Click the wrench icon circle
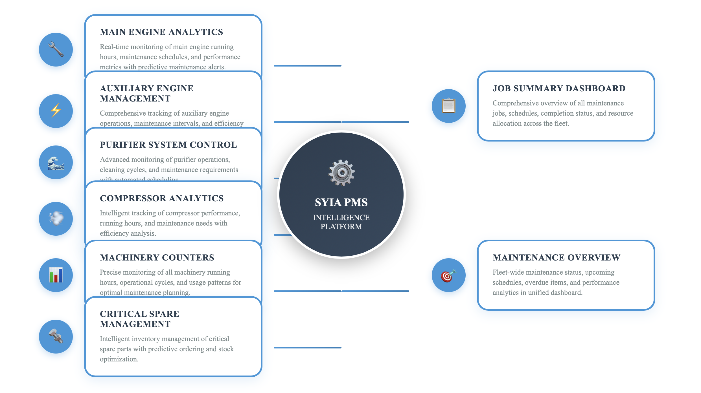coord(56,50)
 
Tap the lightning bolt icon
coord(56,111)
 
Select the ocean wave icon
coord(56,163)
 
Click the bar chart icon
coord(56,275)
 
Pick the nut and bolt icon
coord(56,336)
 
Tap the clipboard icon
coord(448,106)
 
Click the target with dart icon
coord(448,275)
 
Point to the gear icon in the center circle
coord(341,173)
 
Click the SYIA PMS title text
coord(341,202)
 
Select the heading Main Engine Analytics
coord(161,32)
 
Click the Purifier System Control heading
coord(168,145)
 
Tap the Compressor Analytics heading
coord(162,198)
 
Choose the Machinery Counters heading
coord(157,258)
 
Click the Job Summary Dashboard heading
coord(559,89)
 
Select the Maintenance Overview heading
coord(557,258)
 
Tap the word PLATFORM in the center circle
coord(341,227)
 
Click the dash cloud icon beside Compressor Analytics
coord(56,218)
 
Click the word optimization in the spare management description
coord(119,359)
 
